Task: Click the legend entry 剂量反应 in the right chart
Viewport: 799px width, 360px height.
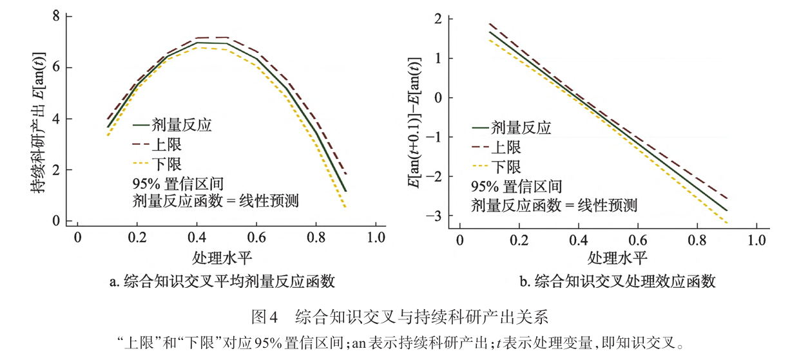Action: click(x=521, y=127)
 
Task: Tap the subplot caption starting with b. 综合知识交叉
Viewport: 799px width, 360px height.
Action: click(x=617, y=281)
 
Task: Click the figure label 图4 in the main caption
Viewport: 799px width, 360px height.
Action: click(x=264, y=317)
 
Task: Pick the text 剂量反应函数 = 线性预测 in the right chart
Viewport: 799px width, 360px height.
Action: click(x=554, y=205)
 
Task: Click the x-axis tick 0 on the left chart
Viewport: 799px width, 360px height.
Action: click(x=77, y=237)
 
